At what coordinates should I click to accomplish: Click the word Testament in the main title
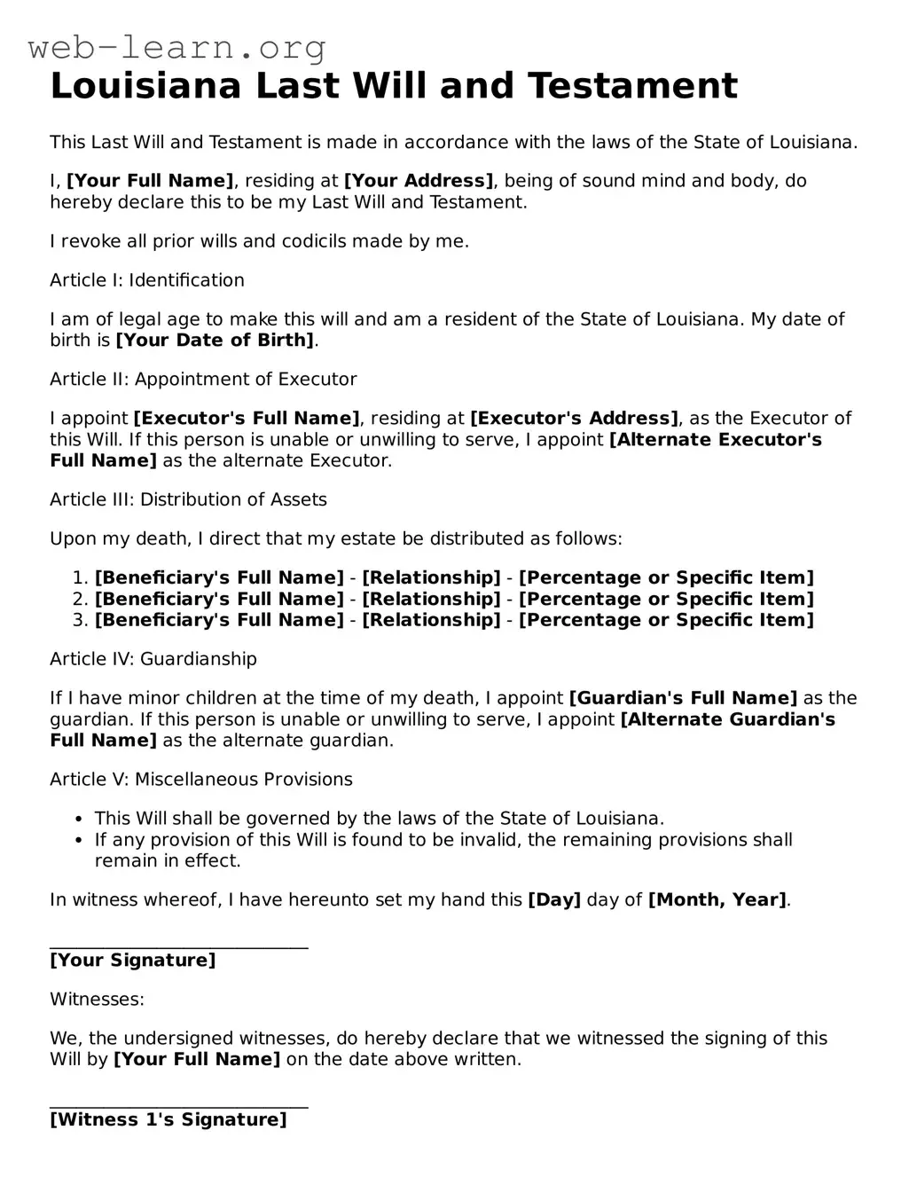click(x=632, y=86)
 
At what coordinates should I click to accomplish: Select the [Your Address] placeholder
click(x=419, y=181)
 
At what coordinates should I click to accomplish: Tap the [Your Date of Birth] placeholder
click(x=215, y=341)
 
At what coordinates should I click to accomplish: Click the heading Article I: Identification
click(x=147, y=280)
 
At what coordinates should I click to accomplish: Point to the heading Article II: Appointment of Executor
click(x=203, y=380)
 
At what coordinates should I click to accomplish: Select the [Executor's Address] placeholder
click(x=574, y=419)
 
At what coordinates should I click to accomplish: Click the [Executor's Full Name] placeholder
click(x=247, y=419)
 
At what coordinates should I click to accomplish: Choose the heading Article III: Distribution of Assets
click(x=188, y=500)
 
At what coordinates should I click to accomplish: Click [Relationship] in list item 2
click(x=431, y=600)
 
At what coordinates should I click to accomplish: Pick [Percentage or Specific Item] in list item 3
click(x=666, y=621)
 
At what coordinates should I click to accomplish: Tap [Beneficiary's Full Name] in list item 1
click(x=219, y=578)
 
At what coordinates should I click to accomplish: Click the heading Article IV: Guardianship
click(x=153, y=659)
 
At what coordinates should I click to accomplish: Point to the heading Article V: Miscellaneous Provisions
click(x=201, y=780)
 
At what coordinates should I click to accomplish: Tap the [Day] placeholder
click(x=554, y=900)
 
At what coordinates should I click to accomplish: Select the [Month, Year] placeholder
click(x=717, y=900)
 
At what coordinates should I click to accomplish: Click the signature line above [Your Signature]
click(x=179, y=947)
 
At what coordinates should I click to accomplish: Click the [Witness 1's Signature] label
click(x=168, y=1120)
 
